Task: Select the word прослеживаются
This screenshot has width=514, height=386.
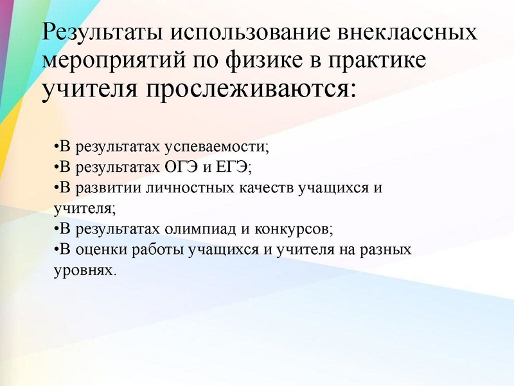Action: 251,89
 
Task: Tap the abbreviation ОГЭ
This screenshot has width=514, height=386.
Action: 180,167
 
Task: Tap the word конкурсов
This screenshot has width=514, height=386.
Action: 299,228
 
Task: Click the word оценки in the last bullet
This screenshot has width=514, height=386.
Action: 100,249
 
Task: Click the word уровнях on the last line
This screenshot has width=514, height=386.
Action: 81,270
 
